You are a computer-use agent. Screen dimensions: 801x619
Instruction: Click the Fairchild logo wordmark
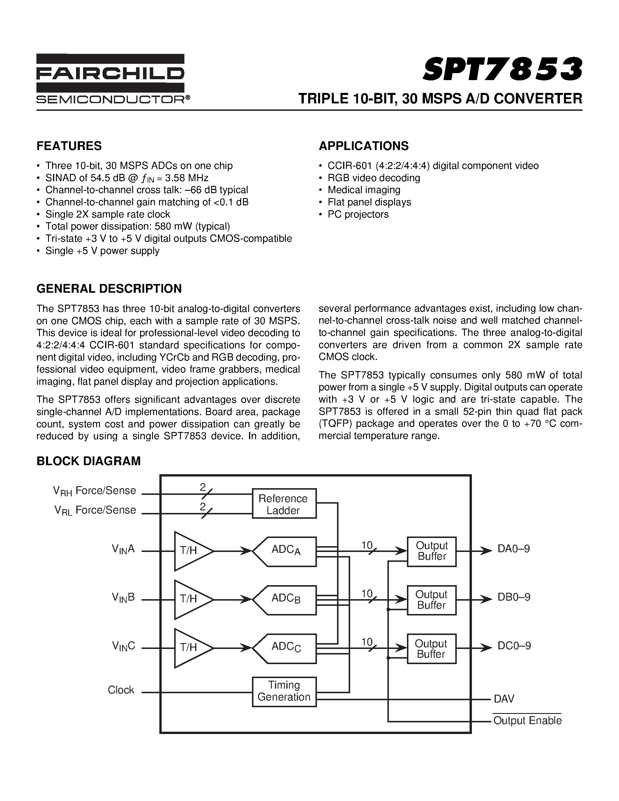pos(110,73)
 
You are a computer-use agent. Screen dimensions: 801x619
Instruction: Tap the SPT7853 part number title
pos(502,69)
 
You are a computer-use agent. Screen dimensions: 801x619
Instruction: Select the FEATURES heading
pos(69,146)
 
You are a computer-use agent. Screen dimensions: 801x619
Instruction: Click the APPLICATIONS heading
pos(364,146)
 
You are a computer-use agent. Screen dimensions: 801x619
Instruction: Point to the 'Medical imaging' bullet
pos(364,190)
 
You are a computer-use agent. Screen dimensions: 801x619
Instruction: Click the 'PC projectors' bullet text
pos(358,214)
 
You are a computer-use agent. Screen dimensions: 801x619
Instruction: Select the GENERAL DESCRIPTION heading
pos(109,289)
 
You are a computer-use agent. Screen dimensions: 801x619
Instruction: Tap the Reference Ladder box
pos(284,504)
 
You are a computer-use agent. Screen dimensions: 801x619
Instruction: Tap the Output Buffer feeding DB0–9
pos(432,600)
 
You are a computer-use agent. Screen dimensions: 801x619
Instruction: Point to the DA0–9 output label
pos(513,549)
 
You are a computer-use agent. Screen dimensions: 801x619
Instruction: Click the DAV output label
pos(504,699)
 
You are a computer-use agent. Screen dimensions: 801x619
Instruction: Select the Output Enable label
pos(527,721)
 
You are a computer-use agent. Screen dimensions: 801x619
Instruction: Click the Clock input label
pos(121,690)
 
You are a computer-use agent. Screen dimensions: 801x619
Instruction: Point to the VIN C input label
pos(123,646)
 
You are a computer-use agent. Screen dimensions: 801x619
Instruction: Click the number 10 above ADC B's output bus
pos(367,593)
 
